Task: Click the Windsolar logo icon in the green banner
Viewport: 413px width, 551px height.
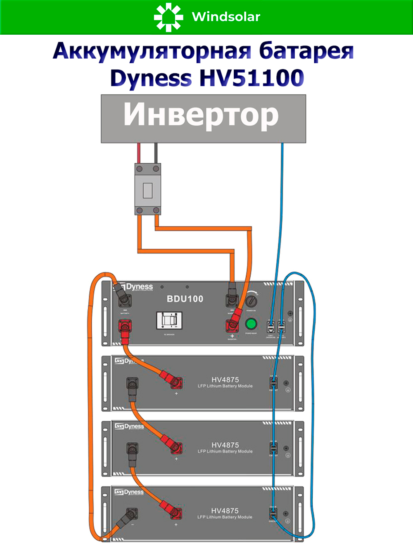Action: (x=168, y=17)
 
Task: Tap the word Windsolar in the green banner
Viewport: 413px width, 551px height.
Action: (x=226, y=17)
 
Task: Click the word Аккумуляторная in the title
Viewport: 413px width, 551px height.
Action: (x=152, y=51)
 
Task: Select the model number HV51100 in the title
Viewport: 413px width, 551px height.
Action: (x=252, y=78)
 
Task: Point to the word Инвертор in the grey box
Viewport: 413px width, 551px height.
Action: (x=201, y=115)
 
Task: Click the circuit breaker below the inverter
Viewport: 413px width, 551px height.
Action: (x=148, y=189)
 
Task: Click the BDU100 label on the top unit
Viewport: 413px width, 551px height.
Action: (x=185, y=299)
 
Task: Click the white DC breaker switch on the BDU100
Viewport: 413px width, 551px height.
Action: (x=169, y=320)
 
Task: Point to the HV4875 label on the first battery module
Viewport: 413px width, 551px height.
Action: (x=225, y=379)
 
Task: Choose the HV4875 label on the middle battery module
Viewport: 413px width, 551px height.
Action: (x=225, y=445)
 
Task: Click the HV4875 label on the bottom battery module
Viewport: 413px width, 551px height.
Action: (x=225, y=511)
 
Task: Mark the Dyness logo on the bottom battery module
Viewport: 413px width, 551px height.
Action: (x=129, y=492)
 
